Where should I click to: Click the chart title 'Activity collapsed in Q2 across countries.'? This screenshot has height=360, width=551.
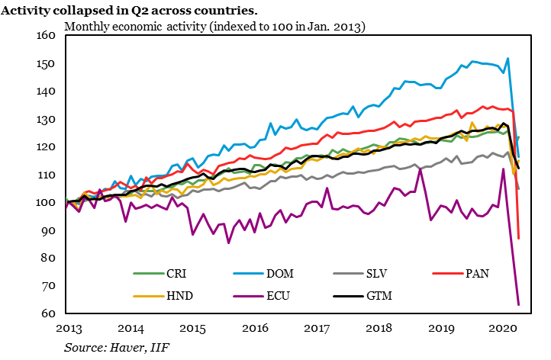[x=134, y=11]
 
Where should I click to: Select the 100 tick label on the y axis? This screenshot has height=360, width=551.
[x=48, y=203]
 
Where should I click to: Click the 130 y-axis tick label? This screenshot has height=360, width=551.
[x=48, y=120]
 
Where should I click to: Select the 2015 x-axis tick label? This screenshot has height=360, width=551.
[x=192, y=328]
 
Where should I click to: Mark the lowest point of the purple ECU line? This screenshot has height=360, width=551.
[x=518, y=305]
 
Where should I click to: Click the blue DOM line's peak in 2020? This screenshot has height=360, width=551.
[x=508, y=59]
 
